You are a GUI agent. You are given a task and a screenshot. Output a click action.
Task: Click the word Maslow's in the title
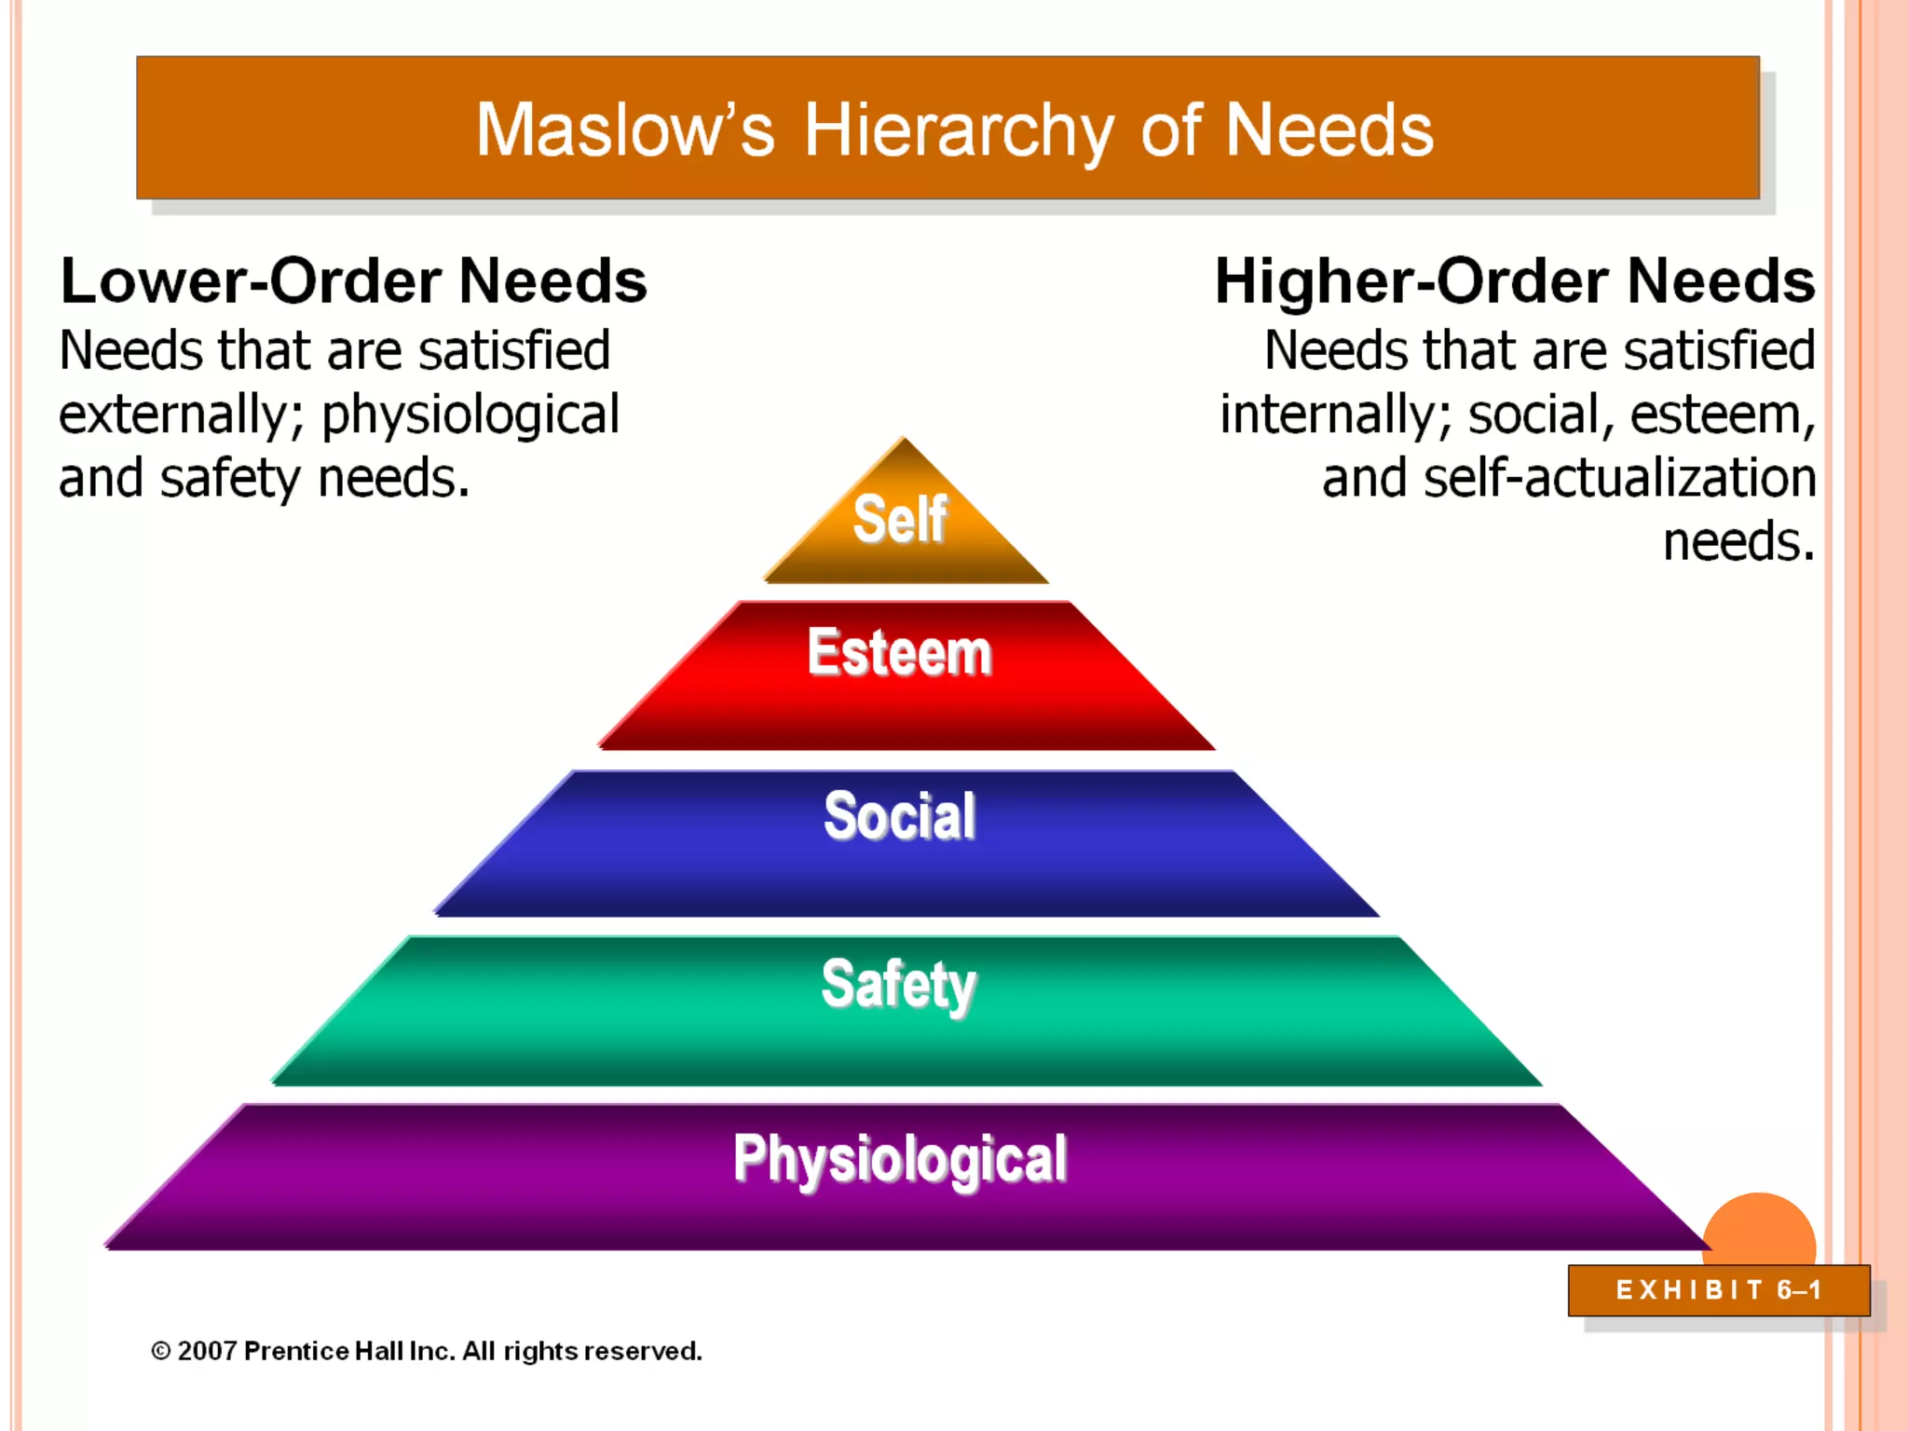click(x=624, y=130)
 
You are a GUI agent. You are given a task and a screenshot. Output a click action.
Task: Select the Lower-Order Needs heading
click(x=353, y=280)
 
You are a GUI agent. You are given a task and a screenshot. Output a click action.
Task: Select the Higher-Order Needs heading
click(x=1515, y=280)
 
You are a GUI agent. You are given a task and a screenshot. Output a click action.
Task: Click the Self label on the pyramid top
click(x=900, y=519)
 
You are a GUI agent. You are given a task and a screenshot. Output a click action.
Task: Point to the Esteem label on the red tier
click(x=900, y=652)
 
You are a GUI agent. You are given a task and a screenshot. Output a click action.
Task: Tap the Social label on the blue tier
click(x=900, y=816)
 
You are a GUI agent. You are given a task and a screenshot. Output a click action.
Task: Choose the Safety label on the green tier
click(x=899, y=985)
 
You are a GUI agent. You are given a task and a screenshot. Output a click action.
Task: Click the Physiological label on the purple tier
click(x=900, y=1159)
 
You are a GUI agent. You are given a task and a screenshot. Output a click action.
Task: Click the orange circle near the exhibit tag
click(x=1759, y=1230)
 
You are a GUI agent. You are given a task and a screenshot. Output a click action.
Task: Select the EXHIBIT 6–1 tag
click(x=1719, y=1290)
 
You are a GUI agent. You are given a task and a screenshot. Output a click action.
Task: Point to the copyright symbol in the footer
click(x=161, y=1351)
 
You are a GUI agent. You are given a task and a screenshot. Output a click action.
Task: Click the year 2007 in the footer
click(x=207, y=1351)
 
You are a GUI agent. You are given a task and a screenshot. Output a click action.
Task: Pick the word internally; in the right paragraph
click(x=1336, y=416)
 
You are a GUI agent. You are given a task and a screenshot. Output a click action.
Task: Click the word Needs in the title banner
click(x=1329, y=130)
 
